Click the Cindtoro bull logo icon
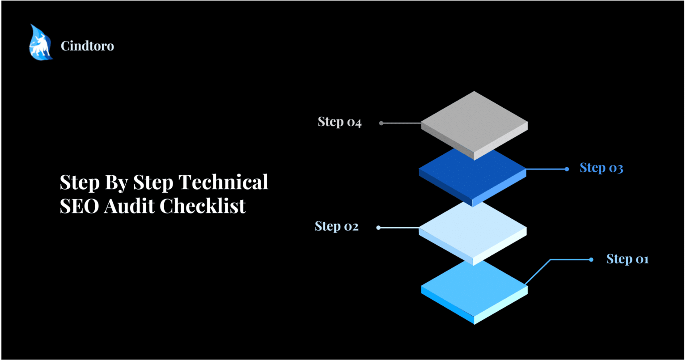click(x=41, y=43)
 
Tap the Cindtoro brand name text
click(x=87, y=46)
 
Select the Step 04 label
click(x=339, y=122)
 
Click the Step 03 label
click(x=601, y=168)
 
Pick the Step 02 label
click(x=336, y=227)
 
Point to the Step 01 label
click(x=627, y=259)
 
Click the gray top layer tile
click(x=474, y=121)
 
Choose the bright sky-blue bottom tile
click(x=474, y=286)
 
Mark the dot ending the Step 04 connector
click(x=381, y=123)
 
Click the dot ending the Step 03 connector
click(x=567, y=169)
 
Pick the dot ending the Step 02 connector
click(x=378, y=228)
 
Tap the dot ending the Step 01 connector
click(x=591, y=259)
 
